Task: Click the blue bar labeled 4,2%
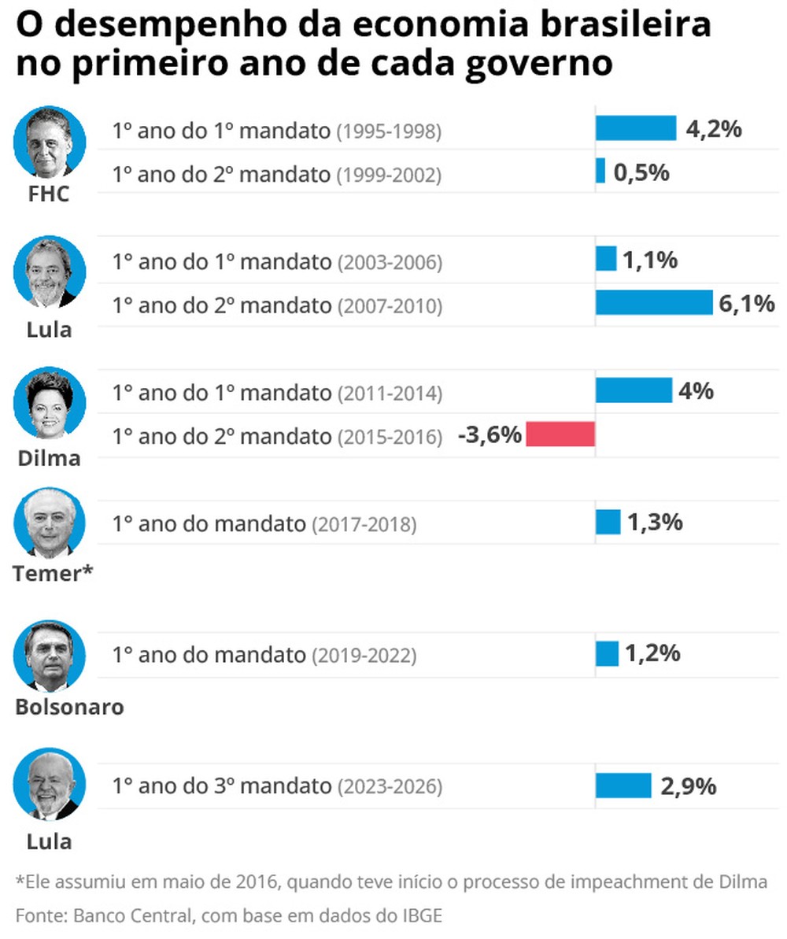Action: click(635, 128)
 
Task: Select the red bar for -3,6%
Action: click(560, 434)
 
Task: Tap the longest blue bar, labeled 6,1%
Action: click(653, 303)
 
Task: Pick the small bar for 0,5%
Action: click(600, 172)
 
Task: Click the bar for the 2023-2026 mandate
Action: click(623, 786)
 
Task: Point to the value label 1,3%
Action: click(654, 522)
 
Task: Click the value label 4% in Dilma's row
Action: click(696, 390)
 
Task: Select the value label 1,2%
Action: click(652, 653)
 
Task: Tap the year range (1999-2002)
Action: click(389, 176)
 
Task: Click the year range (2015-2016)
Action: click(389, 437)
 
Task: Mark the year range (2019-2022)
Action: click(364, 655)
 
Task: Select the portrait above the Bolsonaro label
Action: click(49, 656)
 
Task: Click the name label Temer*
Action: click(52, 574)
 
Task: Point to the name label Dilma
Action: click(49, 458)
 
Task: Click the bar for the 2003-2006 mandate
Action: click(605, 259)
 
